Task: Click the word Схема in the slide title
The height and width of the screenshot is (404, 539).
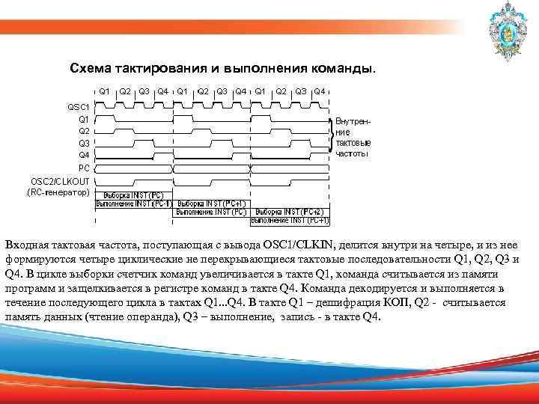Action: (x=90, y=69)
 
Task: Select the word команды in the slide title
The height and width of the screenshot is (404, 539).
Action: (x=343, y=69)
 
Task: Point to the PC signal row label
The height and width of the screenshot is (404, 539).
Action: (x=84, y=168)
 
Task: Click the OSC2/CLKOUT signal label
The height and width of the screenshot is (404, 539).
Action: (x=61, y=181)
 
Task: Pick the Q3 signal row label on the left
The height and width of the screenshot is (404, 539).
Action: (x=83, y=143)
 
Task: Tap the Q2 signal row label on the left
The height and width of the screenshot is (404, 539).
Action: (x=83, y=131)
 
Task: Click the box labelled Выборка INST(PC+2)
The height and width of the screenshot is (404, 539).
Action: (x=290, y=212)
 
